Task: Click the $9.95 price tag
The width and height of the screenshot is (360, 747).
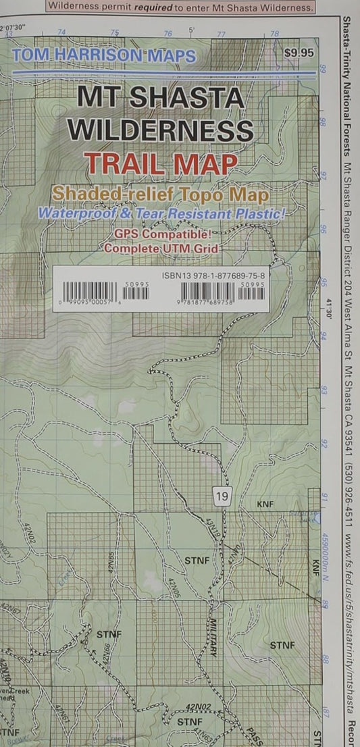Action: pyautogui.click(x=300, y=51)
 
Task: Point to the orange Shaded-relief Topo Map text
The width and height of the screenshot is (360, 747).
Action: pyautogui.click(x=161, y=194)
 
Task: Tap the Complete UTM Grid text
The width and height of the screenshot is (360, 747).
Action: pyautogui.click(x=162, y=247)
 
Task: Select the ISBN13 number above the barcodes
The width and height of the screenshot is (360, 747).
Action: pyautogui.click(x=214, y=276)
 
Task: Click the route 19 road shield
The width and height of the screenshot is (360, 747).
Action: pyautogui.click(x=223, y=497)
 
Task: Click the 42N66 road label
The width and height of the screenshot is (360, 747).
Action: pyautogui.click(x=107, y=654)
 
